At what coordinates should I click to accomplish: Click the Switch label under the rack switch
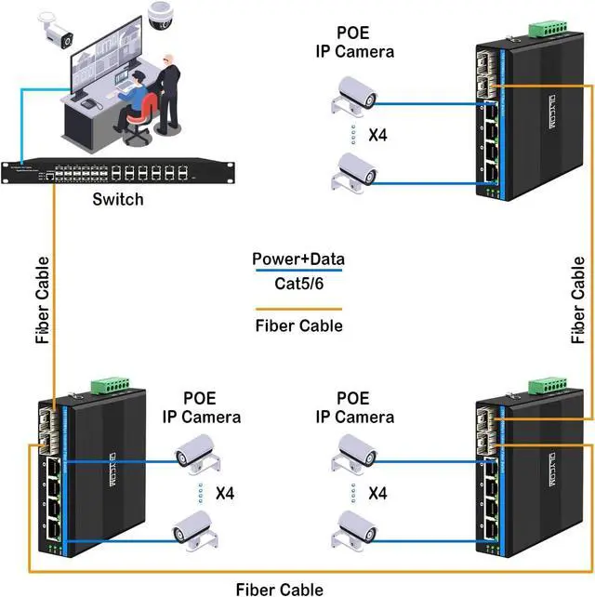[119, 200]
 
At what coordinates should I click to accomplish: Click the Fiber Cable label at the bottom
[280, 588]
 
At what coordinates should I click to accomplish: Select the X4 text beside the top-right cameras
[378, 136]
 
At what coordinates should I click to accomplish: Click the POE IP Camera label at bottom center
[354, 407]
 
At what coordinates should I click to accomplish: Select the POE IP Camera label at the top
[354, 42]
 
